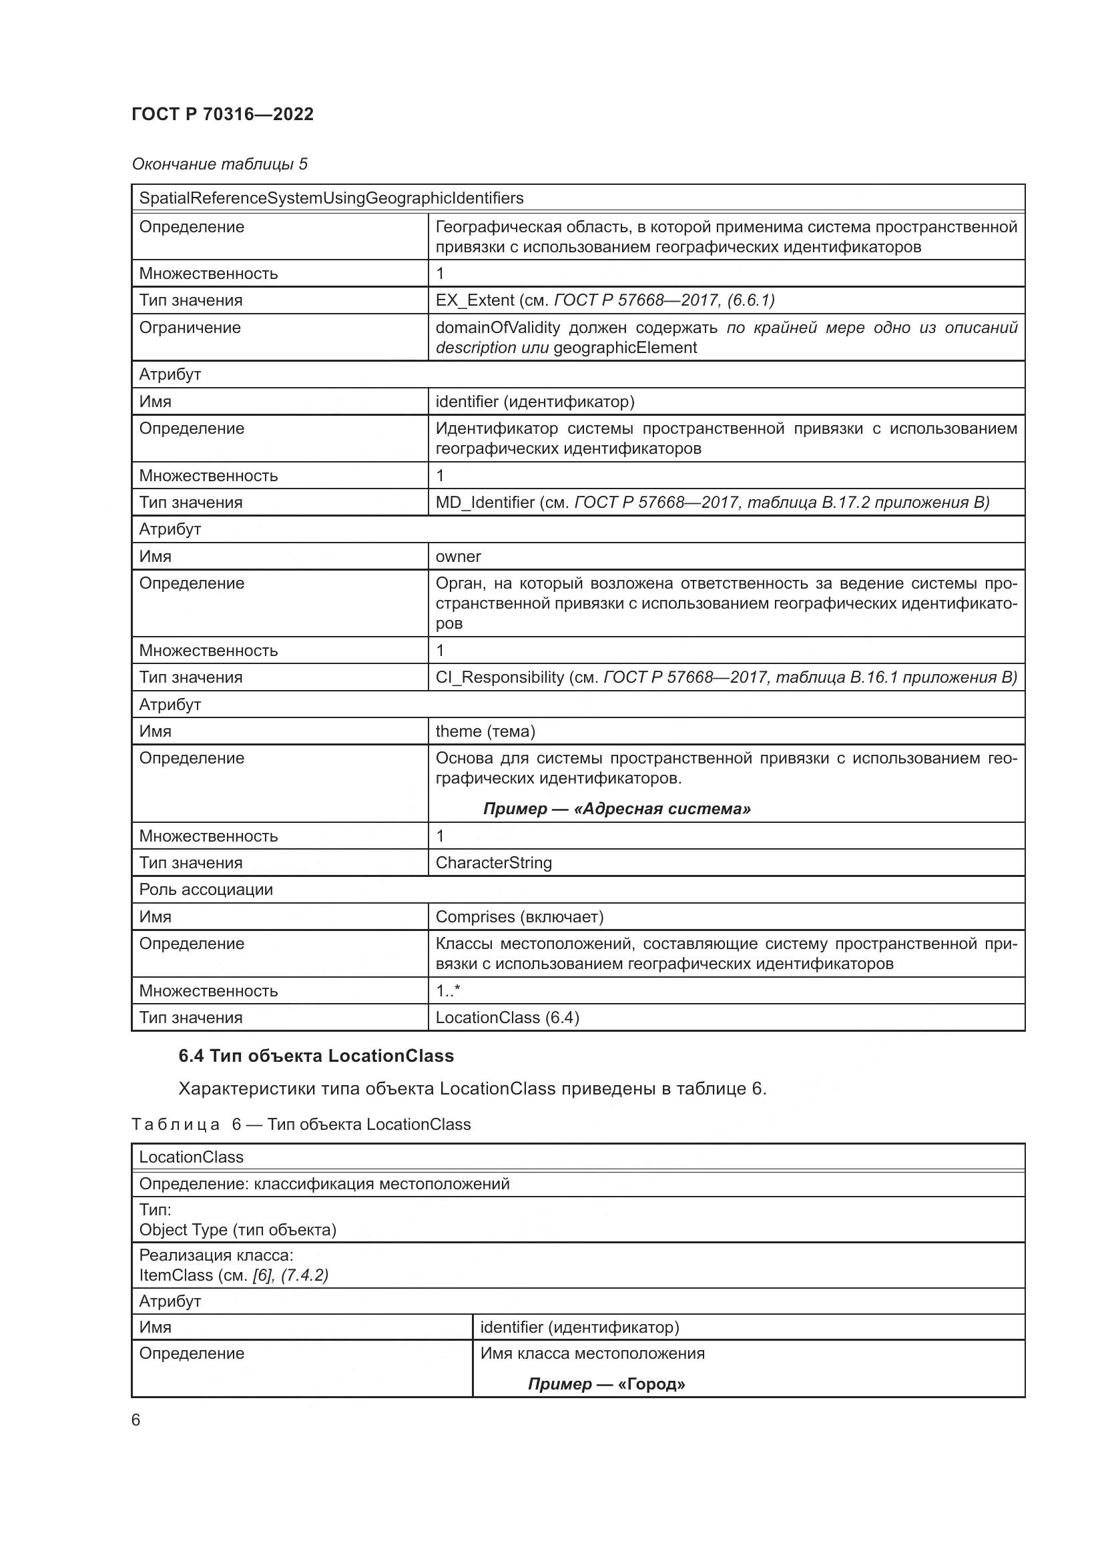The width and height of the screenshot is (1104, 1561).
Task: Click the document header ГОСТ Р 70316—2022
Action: click(x=222, y=114)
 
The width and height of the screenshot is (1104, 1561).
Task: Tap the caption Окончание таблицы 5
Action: click(x=219, y=164)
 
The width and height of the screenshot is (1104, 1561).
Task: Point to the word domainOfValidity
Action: click(x=498, y=328)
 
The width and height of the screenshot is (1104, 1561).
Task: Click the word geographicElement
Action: click(x=625, y=348)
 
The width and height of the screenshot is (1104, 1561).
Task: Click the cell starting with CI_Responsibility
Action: click(x=726, y=677)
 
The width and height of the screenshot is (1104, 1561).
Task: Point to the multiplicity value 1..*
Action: click(x=447, y=990)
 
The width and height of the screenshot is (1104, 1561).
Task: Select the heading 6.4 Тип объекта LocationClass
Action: click(x=316, y=1056)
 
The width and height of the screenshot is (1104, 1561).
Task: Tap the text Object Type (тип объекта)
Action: click(x=237, y=1229)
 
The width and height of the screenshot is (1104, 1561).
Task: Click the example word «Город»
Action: click(x=651, y=1383)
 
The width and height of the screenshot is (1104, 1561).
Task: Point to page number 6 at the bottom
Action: click(x=136, y=1420)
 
